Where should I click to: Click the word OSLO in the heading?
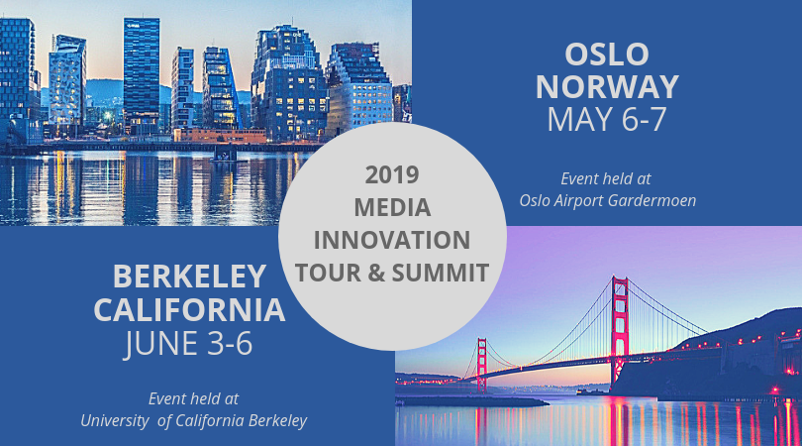pyautogui.click(x=607, y=55)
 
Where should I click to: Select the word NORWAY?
pyautogui.click(x=607, y=87)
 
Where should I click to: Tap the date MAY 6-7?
pyautogui.click(x=607, y=120)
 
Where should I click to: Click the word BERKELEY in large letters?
pyautogui.click(x=189, y=277)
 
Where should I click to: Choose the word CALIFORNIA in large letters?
pyautogui.click(x=189, y=310)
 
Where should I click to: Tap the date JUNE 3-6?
pyautogui.click(x=189, y=343)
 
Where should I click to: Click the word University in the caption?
pyautogui.click(x=115, y=420)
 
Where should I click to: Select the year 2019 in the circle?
pyautogui.click(x=392, y=175)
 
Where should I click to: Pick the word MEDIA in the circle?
pyautogui.click(x=392, y=208)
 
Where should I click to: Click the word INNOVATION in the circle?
pyautogui.click(x=392, y=240)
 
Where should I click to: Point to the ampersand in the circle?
pyautogui.click(x=376, y=273)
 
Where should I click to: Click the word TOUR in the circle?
pyautogui.click(x=328, y=273)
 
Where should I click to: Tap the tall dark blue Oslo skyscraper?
pyautogui.click(x=142, y=74)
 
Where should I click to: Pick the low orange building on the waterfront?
pyautogui.click(x=220, y=136)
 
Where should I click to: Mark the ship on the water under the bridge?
pyautogui.click(x=592, y=392)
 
